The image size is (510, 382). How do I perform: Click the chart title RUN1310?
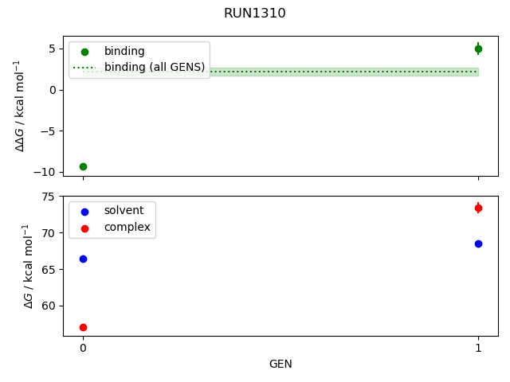click(254, 14)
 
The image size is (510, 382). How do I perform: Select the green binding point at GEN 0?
click(83, 166)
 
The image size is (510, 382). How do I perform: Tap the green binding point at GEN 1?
click(478, 49)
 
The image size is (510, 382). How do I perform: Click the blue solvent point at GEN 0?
click(83, 259)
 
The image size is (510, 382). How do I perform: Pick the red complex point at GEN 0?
click(83, 327)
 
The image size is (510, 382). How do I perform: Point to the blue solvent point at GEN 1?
click(478, 244)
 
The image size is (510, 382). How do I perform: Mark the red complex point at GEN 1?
click(478, 208)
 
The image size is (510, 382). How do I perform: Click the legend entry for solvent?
click(124, 211)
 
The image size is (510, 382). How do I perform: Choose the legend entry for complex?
click(127, 227)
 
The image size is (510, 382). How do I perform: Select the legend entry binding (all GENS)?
click(155, 67)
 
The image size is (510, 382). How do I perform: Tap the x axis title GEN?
click(280, 364)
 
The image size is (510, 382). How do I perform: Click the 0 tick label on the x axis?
click(83, 348)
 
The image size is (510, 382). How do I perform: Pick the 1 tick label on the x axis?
click(478, 348)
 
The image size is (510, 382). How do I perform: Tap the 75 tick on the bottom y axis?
click(49, 197)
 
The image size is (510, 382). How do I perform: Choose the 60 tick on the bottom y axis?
click(49, 306)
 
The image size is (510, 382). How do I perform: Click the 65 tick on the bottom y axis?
click(49, 270)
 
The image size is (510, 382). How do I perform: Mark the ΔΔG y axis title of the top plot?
click(22, 106)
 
